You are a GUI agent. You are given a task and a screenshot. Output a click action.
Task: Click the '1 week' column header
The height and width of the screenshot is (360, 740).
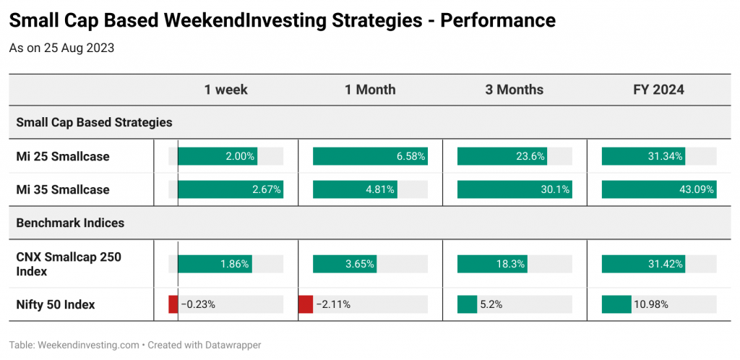point(225,90)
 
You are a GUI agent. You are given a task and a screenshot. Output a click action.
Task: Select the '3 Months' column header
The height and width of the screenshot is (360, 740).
point(515,90)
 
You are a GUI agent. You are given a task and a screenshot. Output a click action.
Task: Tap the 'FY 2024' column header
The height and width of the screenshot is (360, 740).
point(659,90)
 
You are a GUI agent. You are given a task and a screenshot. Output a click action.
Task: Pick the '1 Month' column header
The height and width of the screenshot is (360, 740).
point(370,90)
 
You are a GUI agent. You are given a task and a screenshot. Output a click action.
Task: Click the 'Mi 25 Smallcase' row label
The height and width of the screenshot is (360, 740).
point(63,156)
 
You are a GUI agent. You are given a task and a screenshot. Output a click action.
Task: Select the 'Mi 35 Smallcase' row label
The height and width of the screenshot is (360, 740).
point(63,189)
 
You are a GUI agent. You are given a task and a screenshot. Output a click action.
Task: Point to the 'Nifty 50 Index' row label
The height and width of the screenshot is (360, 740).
point(56,305)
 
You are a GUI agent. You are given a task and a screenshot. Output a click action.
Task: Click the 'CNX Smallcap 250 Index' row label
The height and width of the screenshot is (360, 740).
point(69,265)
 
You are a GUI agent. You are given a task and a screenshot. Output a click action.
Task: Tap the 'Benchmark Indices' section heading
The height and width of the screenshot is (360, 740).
point(70,223)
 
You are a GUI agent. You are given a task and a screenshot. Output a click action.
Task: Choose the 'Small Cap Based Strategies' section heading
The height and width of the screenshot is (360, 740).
point(95,123)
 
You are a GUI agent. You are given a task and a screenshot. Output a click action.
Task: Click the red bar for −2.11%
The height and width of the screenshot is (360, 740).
point(306,304)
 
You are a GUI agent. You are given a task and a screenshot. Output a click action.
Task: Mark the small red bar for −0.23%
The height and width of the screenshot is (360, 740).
point(173,304)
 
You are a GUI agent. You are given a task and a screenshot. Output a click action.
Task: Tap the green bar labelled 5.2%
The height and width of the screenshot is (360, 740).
point(468,304)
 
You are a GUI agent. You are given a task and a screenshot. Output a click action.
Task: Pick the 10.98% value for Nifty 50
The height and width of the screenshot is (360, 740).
point(651,305)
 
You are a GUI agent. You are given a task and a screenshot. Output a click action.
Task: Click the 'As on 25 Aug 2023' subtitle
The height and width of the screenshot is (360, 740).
point(62,48)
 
